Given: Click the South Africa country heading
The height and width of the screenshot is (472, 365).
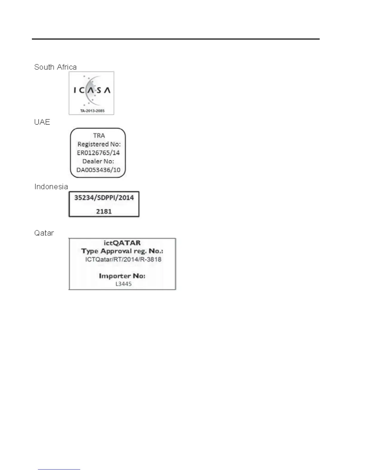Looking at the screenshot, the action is click(x=55, y=67).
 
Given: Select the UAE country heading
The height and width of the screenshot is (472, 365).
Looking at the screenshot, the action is click(x=42, y=122).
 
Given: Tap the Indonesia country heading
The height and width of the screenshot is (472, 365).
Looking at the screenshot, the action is click(x=51, y=187).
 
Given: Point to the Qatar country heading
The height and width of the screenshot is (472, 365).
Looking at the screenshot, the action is click(x=44, y=233).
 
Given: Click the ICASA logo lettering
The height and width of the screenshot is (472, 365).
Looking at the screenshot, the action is click(x=92, y=90).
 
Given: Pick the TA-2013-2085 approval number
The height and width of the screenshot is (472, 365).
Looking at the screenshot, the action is click(x=92, y=111).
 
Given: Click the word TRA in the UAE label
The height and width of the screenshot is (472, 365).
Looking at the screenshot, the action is click(x=99, y=136).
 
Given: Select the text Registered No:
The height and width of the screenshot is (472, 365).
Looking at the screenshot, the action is click(x=99, y=144).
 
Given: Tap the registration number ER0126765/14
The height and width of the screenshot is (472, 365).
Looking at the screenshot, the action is click(x=98, y=153).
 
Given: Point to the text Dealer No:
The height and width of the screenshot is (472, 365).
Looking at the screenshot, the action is click(x=98, y=161).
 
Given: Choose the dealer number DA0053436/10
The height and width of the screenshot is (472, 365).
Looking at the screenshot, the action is click(x=98, y=170).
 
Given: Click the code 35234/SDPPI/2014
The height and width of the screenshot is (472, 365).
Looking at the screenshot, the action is click(x=104, y=198).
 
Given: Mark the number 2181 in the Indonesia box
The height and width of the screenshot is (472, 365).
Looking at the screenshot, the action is click(x=104, y=212).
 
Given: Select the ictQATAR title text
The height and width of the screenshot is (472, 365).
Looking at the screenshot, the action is click(x=122, y=243).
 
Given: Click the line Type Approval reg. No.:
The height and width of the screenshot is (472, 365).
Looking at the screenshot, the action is click(x=122, y=251).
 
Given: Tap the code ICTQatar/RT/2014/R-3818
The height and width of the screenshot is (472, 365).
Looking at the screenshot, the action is click(x=123, y=259).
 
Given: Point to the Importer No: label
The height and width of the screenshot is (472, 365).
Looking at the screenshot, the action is click(x=122, y=276).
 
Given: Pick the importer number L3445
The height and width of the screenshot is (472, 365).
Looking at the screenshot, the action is click(x=123, y=284).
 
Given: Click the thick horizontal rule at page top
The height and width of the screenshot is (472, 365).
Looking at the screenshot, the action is click(x=176, y=39).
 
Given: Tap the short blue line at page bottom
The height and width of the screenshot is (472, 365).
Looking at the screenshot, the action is click(x=59, y=469).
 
